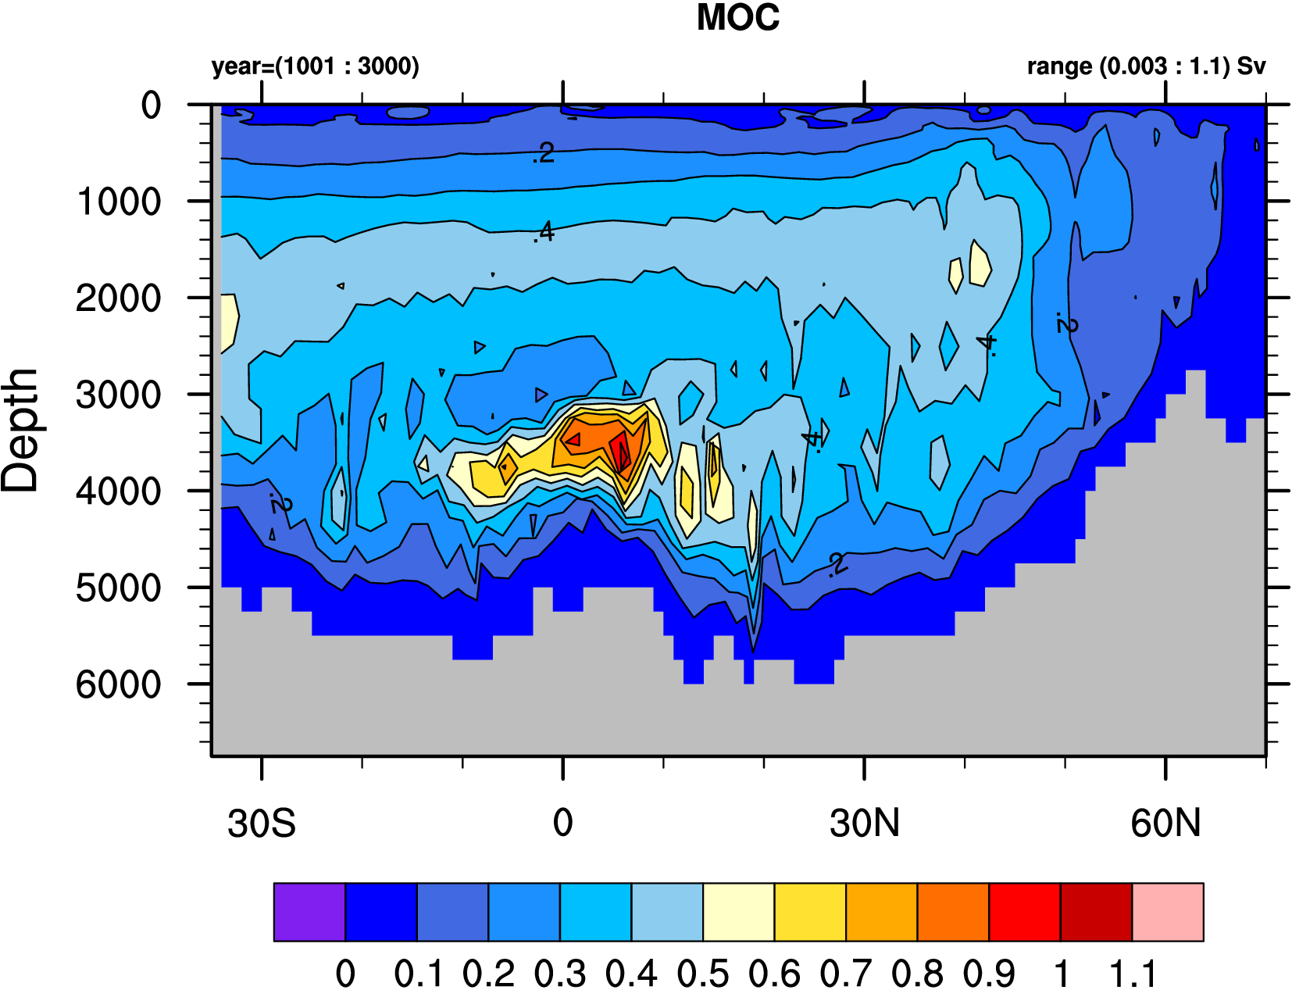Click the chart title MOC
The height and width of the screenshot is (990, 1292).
point(737,18)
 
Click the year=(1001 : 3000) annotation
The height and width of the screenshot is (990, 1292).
point(315,66)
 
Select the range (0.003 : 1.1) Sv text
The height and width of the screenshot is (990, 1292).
point(1146,66)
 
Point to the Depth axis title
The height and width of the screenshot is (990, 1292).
point(20,430)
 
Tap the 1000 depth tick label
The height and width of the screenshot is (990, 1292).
point(119,202)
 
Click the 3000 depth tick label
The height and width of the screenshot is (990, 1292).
point(119,395)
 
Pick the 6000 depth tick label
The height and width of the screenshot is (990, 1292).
point(119,684)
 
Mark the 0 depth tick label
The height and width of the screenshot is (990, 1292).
point(151,105)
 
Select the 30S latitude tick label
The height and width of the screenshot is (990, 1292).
point(262,824)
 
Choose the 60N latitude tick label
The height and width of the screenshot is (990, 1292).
point(1165,824)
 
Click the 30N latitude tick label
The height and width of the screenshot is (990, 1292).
point(865,824)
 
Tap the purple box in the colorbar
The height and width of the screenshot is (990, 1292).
point(309,912)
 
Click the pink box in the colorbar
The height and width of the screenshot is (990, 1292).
point(1167,912)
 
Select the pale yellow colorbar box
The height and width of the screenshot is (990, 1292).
point(738,912)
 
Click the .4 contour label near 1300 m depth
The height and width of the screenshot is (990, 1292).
point(544,232)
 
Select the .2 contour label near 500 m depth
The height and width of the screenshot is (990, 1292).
point(543,153)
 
